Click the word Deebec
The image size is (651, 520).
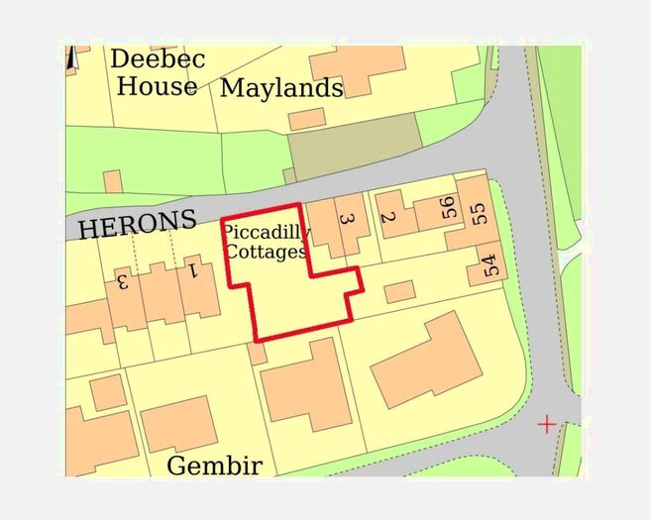[158, 59]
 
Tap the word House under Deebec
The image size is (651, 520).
[157, 86]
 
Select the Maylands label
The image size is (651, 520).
[281, 88]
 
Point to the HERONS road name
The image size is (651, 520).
[137, 226]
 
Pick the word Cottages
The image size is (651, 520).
[266, 252]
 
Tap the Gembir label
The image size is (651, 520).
[214, 465]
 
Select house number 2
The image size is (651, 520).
[387, 218]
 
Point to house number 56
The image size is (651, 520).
[448, 208]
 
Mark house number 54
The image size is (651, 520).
[488, 264]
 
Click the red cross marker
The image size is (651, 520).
[546, 425]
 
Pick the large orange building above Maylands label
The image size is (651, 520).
[356, 68]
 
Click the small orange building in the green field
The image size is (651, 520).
[113, 181]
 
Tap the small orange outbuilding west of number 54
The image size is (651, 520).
[399, 291]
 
